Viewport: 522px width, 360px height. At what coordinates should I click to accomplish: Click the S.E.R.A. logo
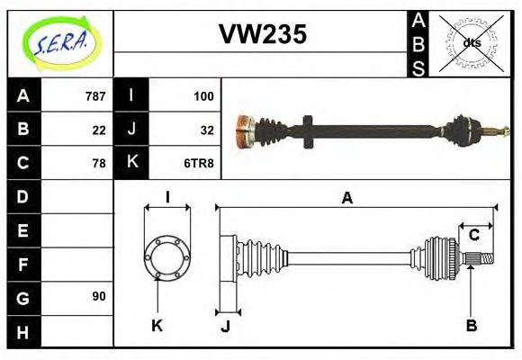59,42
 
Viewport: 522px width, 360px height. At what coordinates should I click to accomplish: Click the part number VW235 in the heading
263,34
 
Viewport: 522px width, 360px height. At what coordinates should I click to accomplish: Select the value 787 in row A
95,95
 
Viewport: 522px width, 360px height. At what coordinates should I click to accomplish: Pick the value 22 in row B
99,129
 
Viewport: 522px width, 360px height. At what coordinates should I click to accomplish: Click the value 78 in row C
99,163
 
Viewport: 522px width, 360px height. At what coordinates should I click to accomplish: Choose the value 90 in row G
99,296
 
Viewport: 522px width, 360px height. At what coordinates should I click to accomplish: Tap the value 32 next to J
206,129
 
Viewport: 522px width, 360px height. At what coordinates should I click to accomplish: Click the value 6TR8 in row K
199,163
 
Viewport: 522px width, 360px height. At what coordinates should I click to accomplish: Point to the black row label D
22,196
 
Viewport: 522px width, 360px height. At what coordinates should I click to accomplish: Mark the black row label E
22,230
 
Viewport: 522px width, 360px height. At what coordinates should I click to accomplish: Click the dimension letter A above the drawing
346,199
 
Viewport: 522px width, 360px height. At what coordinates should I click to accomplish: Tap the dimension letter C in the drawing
473,236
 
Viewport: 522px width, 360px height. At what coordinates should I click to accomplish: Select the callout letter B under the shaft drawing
471,325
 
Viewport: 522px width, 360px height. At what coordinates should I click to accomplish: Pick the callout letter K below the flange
157,325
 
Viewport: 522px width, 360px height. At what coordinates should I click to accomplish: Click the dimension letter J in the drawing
225,327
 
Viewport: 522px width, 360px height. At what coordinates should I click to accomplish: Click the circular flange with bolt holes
166,256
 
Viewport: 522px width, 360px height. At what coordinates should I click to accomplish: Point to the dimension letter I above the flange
167,197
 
